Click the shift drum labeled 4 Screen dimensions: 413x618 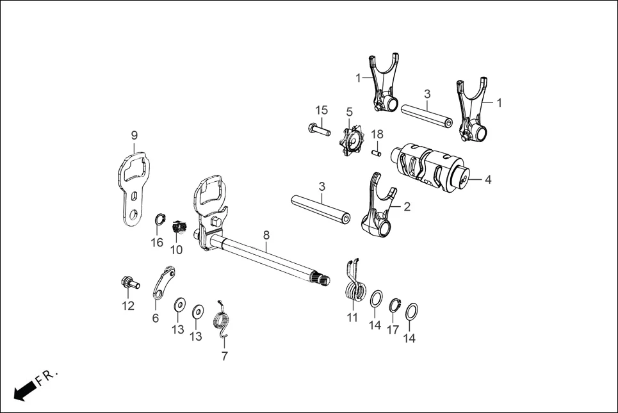432,166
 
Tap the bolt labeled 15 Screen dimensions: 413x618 318,129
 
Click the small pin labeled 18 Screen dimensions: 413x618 377,152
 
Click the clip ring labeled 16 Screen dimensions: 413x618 159,219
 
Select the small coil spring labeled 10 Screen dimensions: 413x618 179,226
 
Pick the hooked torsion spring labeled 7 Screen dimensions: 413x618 222,318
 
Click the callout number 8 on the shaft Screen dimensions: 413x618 266,235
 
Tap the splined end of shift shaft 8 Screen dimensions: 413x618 323,279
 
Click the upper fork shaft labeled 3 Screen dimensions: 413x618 427,114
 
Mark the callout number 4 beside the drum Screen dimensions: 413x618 488,180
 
